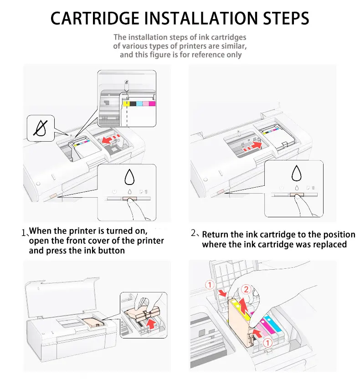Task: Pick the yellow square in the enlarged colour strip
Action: (126, 104)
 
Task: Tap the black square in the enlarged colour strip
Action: (133, 104)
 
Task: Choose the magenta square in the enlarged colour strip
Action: (152, 104)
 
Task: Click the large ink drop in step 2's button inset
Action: (297, 174)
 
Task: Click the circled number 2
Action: (246, 289)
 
